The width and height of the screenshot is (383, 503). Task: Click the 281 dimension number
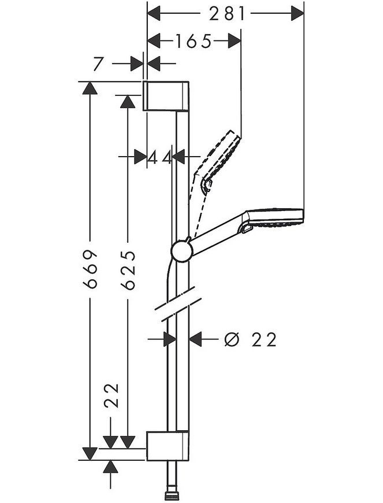(x=227, y=14)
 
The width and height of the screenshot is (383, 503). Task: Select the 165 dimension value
(x=194, y=42)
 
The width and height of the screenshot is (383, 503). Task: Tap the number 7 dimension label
(x=99, y=64)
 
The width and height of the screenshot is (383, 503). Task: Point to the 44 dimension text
(x=159, y=157)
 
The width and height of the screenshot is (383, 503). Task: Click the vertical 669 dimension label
(x=90, y=269)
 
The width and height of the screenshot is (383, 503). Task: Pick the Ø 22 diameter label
(x=250, y=339)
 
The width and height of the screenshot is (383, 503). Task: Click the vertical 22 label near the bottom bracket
(x=111, y=395)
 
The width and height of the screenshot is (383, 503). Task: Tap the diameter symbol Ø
(x=232, y=339)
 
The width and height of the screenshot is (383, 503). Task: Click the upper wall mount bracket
(x=166, y=96)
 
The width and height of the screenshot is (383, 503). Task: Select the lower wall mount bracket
(x=168, y=446)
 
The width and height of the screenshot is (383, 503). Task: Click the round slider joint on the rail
(x=181, y=250)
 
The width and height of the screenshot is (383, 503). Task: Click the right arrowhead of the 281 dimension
(x=298, y=14)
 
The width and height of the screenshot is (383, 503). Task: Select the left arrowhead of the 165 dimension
(x=154, y=42)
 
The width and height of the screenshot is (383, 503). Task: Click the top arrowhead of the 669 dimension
(x=90, y=88)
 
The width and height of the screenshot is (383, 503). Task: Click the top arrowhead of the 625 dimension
(x=128, y=102)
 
